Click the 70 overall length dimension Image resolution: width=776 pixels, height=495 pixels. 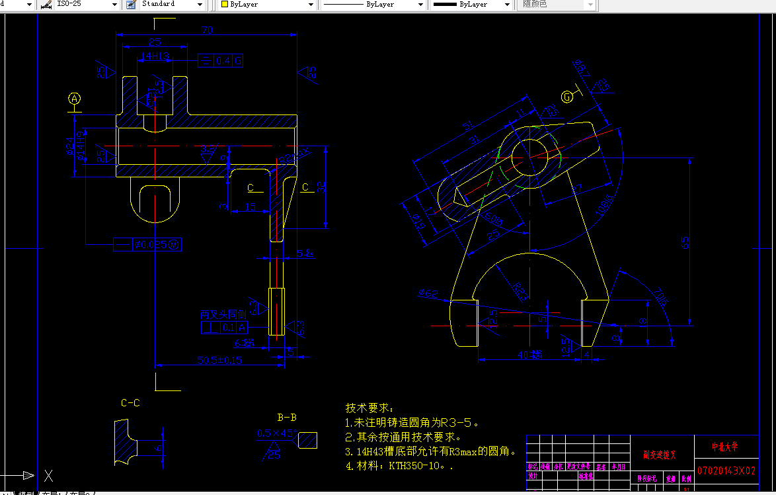point(207,30)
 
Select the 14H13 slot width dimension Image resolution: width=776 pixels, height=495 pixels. point(155,57)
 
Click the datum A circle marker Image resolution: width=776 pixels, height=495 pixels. point(75,99)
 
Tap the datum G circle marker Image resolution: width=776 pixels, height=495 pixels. point(567,97)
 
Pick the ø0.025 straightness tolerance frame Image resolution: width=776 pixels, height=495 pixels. point(157,245)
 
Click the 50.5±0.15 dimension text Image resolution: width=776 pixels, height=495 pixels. point(219,360)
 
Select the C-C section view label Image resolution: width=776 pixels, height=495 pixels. point(130,402)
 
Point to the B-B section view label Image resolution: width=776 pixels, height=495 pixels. point(286,417)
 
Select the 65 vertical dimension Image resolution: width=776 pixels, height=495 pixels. point(685,242)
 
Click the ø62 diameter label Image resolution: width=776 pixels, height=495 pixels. point(428,292)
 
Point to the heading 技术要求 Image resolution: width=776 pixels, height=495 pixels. point(369,408)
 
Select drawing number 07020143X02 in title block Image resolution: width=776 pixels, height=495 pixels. point(726,471)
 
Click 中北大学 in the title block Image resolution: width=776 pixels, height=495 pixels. point(724,447)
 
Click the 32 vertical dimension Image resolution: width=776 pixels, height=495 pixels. point(322,187)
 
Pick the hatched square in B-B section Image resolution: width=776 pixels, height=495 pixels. point(307,440)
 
